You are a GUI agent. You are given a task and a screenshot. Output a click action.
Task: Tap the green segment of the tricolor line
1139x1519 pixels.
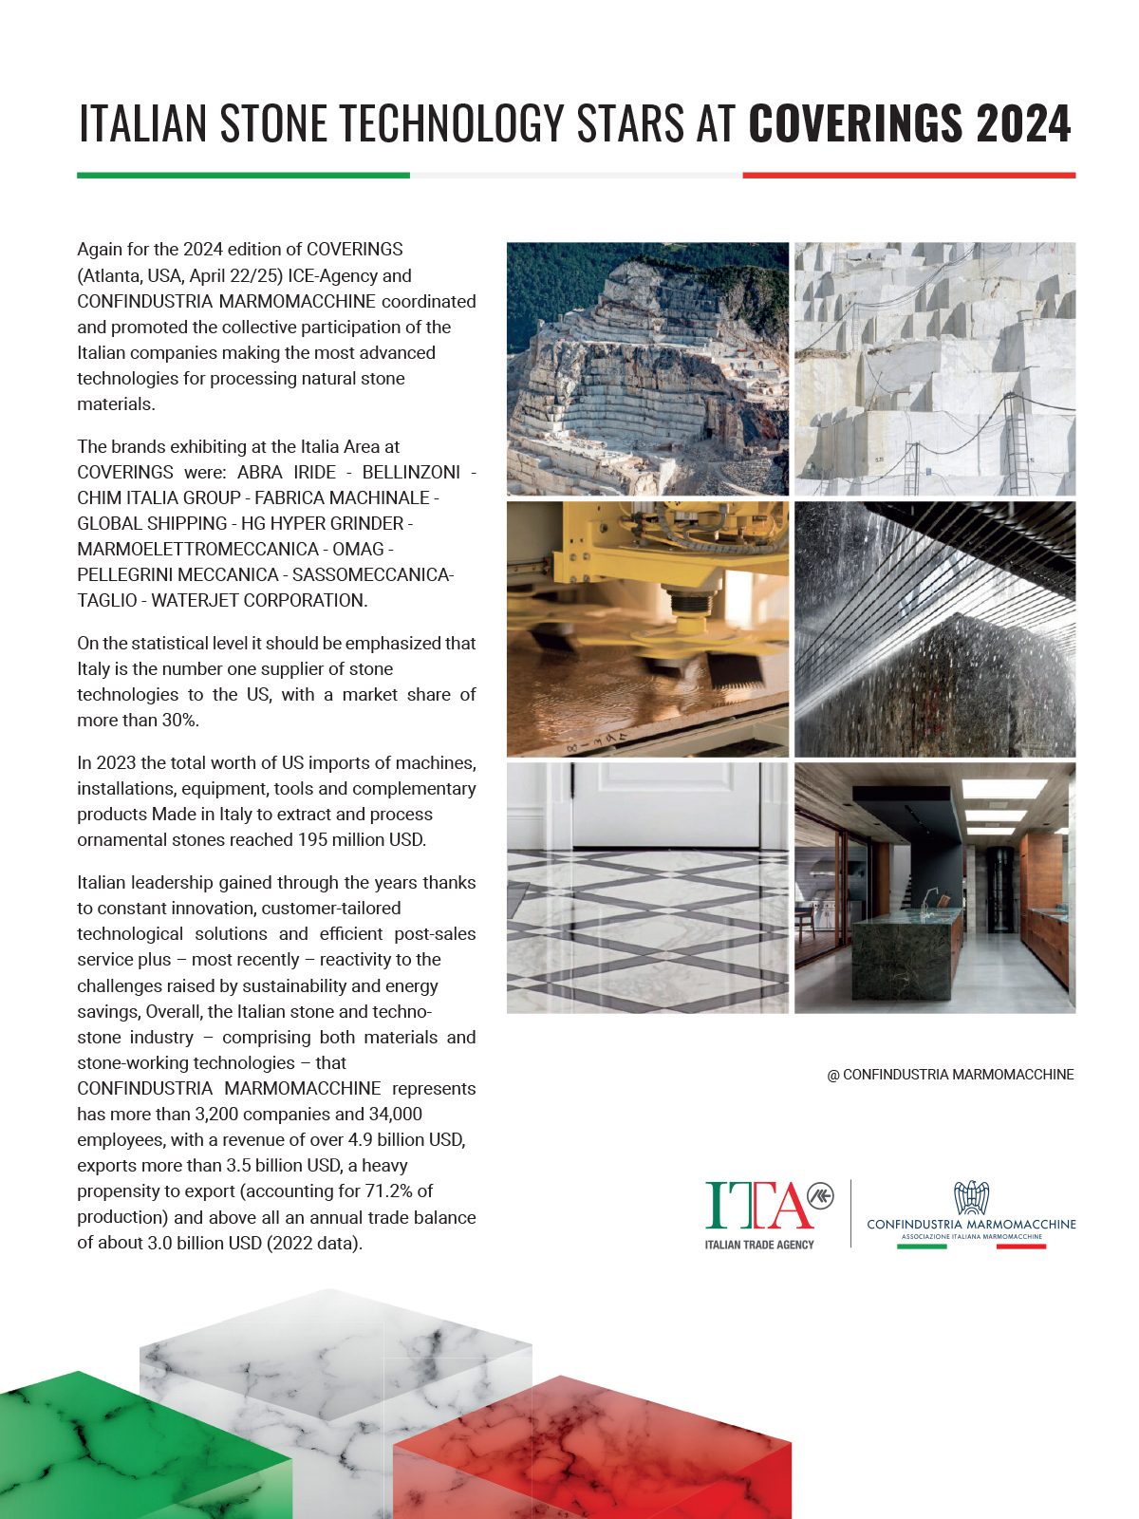point(243,175)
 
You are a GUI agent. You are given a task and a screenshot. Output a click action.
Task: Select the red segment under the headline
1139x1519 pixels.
point(908,175)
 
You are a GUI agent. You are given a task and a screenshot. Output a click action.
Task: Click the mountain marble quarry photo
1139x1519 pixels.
point(647,368)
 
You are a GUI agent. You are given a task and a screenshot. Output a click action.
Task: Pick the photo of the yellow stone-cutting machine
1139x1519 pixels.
point(647,628)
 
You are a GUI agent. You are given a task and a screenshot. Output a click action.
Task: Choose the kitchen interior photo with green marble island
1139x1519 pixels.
point(935,888)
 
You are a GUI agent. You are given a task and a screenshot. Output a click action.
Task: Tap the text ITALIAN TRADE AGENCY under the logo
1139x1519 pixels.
point(759,1245)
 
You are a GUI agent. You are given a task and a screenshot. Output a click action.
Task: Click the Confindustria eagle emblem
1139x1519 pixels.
point(971,1197)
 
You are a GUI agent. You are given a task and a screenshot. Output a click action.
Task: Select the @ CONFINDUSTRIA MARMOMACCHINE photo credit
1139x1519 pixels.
point(950,1075)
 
